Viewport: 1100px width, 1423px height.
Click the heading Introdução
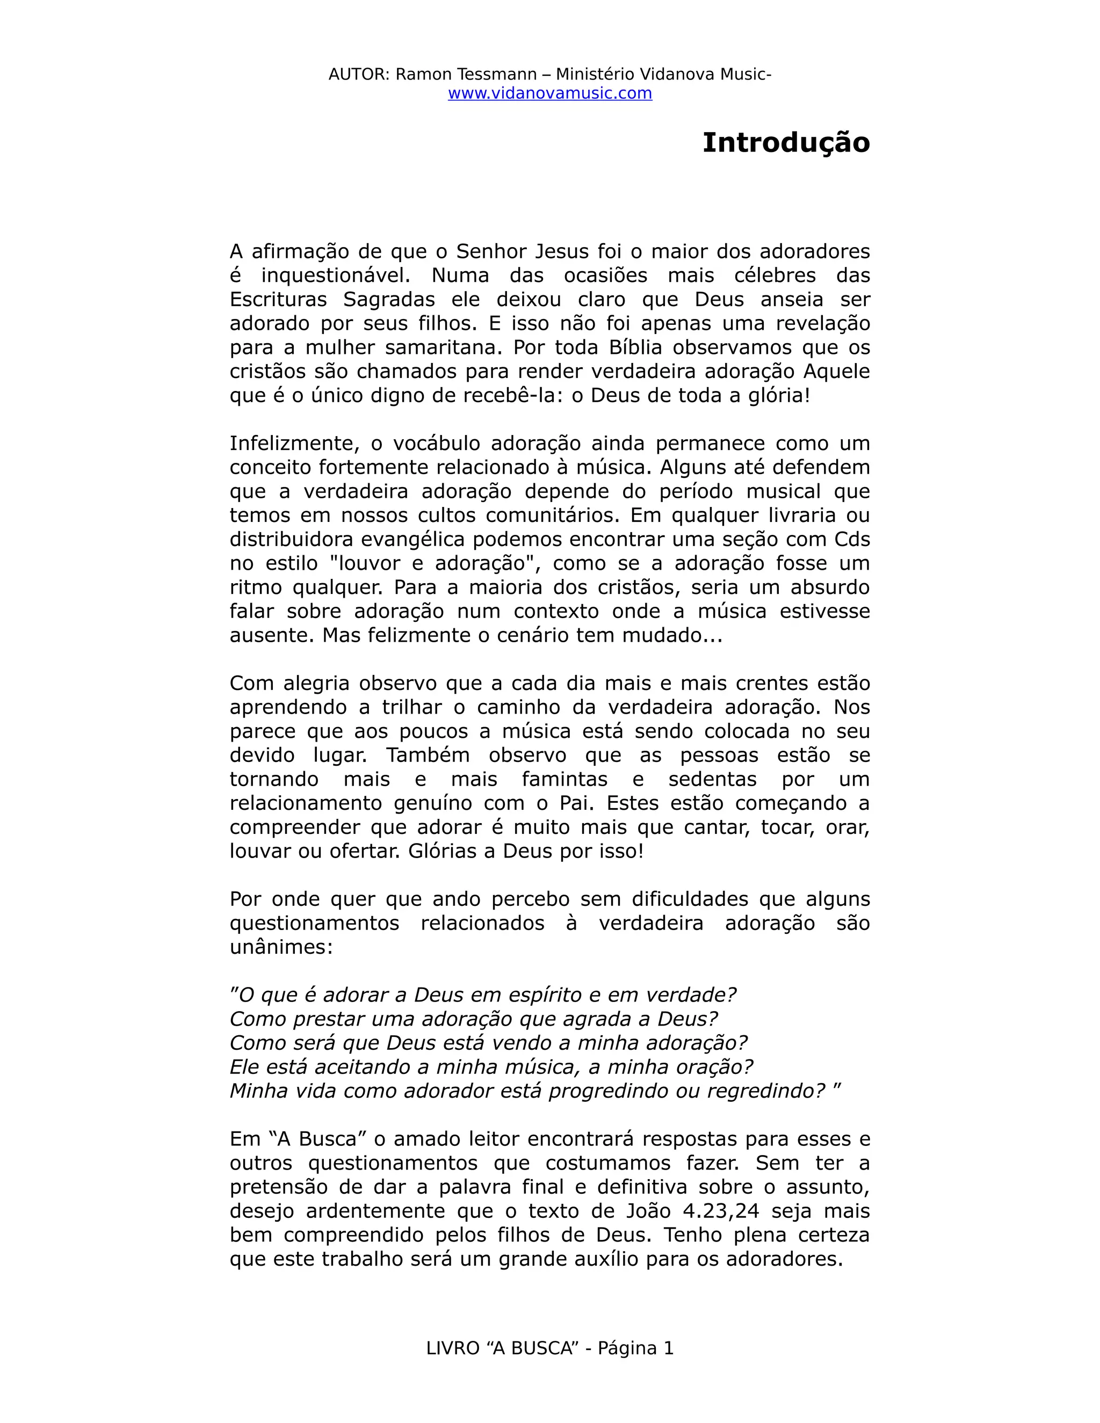click(x=785, y=143)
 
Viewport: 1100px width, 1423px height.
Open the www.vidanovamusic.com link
click(x=549, y=93)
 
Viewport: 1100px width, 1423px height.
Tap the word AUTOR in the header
click(x=358, y=74)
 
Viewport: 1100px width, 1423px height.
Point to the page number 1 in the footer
click(x=668, y=1348)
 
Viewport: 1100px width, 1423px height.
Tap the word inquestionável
click(x=336, y=275)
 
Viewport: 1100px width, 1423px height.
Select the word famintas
click(x=565, y=779)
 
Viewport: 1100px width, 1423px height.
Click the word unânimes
click(x=281, y=947)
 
